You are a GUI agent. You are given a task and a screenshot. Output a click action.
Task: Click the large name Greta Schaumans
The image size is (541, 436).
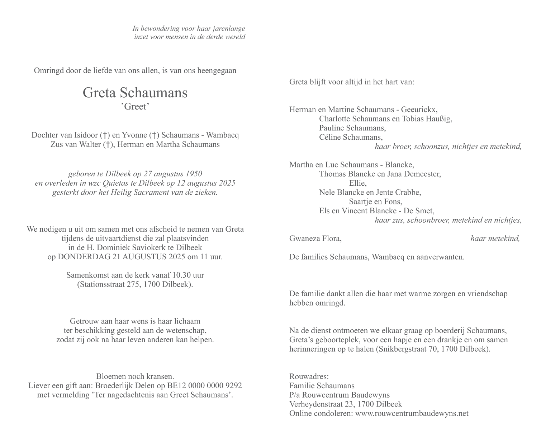coord(135,93)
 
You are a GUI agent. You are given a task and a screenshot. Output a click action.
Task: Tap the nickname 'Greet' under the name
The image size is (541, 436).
coord(135,107)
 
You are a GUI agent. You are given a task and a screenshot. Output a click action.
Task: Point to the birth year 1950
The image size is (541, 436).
coord(194,174)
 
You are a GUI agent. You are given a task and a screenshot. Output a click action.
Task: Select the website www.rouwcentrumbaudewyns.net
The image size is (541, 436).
coord(412,413)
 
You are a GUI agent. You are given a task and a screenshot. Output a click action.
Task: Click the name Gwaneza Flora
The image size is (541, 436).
coord(315,238)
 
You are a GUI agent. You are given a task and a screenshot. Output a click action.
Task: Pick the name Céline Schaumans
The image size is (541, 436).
coord(351,137)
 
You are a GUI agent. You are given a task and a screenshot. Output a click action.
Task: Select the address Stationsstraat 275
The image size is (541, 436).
coord(107,284)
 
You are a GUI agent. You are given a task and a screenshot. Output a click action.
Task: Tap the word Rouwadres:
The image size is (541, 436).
coord(309,377)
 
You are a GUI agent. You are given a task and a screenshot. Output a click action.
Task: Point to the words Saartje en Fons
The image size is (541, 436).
coord(375,201)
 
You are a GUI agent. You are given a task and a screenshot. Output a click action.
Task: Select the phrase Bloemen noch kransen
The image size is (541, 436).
coord(135,377)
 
